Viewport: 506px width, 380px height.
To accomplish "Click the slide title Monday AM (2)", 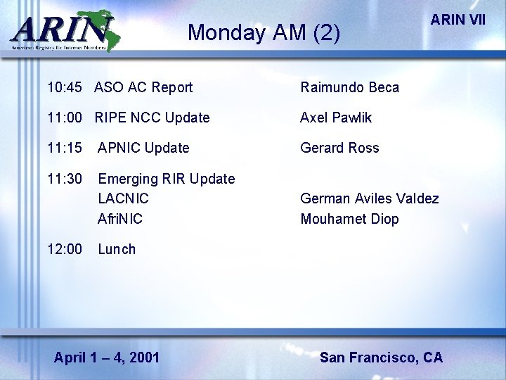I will [264, 32].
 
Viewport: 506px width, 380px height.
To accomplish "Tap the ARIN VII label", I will [458, 19].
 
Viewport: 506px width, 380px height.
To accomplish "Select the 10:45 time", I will [65, 87].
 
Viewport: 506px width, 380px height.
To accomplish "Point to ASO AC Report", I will [143, 87].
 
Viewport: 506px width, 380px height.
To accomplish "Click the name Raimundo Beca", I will [349, 87].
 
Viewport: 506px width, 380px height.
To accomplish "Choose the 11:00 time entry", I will [65, 118].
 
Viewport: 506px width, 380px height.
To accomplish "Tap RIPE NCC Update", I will [152, 118].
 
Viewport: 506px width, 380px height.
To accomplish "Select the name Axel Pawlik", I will [336, 118].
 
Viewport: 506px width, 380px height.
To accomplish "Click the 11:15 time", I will [65, 148].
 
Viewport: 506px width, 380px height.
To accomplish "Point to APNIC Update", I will [143, 148].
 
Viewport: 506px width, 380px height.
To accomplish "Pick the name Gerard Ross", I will [339, 148].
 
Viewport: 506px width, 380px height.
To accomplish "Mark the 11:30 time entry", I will [65, 179].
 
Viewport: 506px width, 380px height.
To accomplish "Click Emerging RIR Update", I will [167, 179].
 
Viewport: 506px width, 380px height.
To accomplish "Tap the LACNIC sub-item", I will [123, 198].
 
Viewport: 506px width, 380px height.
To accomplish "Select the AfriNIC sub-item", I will [120, 219].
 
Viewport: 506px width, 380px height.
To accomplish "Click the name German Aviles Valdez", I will [370, 198].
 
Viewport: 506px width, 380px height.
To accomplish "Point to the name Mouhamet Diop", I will [349, 219].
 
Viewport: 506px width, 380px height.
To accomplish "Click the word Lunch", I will [117, 249].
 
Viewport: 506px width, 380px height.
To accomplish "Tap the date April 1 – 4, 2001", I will [107, 357].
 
